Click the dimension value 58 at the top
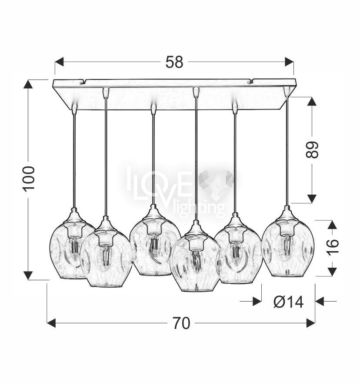(x=174, y=62)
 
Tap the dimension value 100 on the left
(x=29, y=178)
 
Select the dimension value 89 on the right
(x=312, y=149)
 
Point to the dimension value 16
(x=333, y=247)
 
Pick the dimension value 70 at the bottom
(x=181, y=323)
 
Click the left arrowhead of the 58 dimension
(x=59, y=62)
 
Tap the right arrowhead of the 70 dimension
(x=310, y=323)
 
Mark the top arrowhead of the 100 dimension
(x=28, y=84)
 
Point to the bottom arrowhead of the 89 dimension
(x=312, y=199)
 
